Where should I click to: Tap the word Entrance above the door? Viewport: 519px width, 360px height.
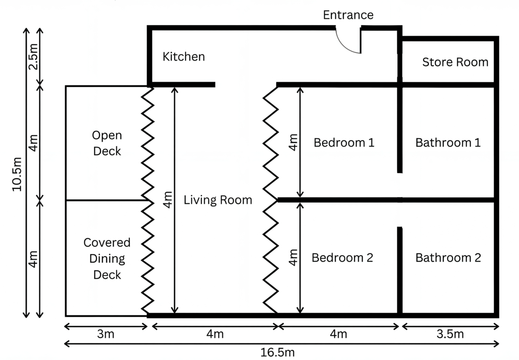pos(348,15)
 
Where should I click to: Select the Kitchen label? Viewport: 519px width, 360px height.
pos(183,57)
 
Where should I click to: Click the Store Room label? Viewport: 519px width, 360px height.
pos(455,62)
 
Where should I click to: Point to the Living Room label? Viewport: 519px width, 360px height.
pos(218,200)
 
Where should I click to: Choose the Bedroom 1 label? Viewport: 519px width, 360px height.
pos(344,142)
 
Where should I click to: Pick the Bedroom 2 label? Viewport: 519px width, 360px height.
pos(342,258)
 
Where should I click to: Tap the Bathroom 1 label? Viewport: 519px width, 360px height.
pos(448,142)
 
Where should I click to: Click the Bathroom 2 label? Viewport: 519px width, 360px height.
pos(448,258)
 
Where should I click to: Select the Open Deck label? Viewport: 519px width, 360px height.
pos(107,143)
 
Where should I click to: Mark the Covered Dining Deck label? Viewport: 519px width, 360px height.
pos(107,259)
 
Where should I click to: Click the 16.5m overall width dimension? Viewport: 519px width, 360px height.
pos(278,352)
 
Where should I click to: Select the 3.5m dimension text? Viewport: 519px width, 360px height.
pos(450,334)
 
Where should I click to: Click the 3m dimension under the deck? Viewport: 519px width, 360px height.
pos(106,334)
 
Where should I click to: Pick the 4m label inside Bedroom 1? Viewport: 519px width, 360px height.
pos(293,141)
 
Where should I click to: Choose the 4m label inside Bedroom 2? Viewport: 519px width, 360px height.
pos(293,257)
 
